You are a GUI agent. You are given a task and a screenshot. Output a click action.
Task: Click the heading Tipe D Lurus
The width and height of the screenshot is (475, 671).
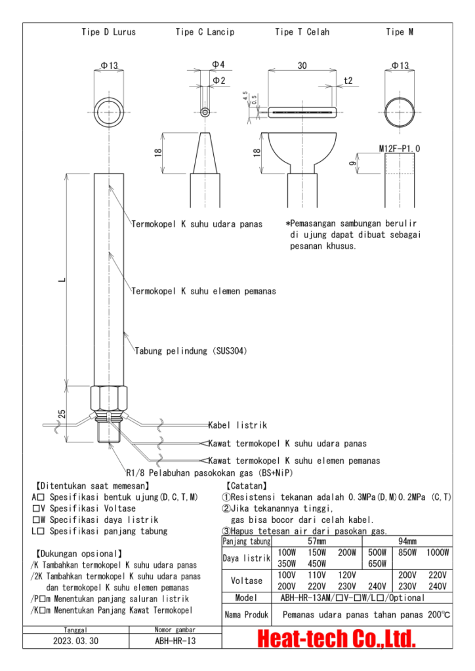pyautogui.click(x=108, y=31)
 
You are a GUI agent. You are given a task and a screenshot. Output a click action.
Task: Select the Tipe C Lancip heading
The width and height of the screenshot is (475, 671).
pyautogui.click(x=205, y=31)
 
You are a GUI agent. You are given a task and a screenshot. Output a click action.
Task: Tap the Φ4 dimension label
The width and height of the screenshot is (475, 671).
pyautogui.click(x=218, y=64)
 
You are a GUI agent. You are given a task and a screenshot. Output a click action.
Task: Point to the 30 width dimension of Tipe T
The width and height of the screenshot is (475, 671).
pyautogui.click(x=302, y=66)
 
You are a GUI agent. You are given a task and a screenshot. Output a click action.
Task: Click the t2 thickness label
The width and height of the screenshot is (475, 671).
pyautogui.click(x=348, y=81)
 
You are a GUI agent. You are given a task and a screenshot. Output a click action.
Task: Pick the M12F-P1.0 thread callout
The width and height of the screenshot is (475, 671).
pyautogui.click(x=400, y=149)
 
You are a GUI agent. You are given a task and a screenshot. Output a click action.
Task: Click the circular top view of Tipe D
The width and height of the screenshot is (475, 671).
pyautogui.click(x=109, y=109)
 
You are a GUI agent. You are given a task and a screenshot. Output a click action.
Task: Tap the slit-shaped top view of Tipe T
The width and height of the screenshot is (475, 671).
pyautogui.click(x=302, y=112)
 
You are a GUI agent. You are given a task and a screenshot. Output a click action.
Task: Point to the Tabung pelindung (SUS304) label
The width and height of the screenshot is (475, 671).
pyautogui.click(x=191, y=351)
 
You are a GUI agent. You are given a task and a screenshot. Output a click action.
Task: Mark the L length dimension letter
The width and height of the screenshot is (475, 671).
pyautogui.click(x=62, y=280)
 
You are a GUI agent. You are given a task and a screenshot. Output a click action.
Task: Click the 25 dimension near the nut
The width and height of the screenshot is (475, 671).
pyautogui.click(x=63, y=414)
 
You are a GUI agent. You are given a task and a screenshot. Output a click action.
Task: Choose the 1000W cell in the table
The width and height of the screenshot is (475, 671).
pyautogui.click(x=437, y=553)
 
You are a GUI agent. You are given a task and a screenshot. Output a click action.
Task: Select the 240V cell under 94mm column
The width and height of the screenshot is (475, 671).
pyautogui.click(x=437, y=586)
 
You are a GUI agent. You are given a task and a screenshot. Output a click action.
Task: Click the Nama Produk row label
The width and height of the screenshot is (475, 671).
pyautogui.click(x=245, y=615)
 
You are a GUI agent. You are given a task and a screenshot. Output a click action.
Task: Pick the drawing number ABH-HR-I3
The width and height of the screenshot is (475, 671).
pyautogui.click(x=171, y=642)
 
